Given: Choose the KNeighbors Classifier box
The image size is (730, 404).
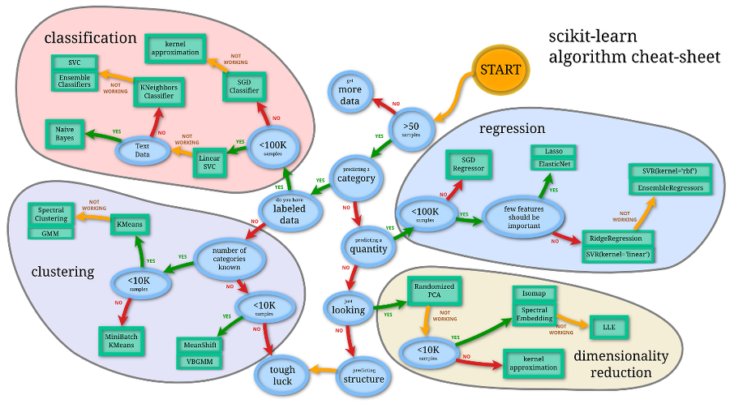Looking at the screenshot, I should (159, 92).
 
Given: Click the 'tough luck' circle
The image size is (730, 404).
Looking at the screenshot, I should (283, 373).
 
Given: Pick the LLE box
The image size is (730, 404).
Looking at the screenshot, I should (608, 325).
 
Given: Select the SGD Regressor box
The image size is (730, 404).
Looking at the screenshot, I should (468, 165).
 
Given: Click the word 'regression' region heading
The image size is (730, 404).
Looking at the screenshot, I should (512, 129).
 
